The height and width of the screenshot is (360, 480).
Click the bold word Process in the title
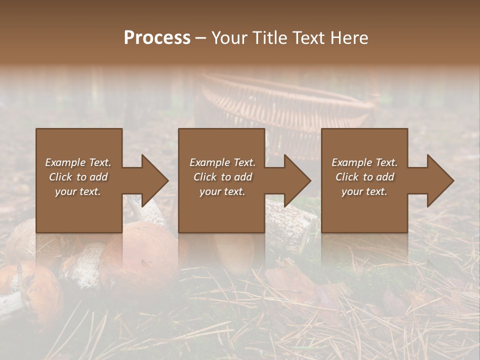[x=157, y=38]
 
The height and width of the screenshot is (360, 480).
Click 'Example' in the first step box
[x=66, y=162]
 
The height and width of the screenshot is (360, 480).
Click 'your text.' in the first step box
[x=78, y=191]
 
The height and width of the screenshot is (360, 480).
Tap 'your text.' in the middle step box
[x=222, y=191]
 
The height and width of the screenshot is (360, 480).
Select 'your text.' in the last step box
[x=364, y=191]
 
